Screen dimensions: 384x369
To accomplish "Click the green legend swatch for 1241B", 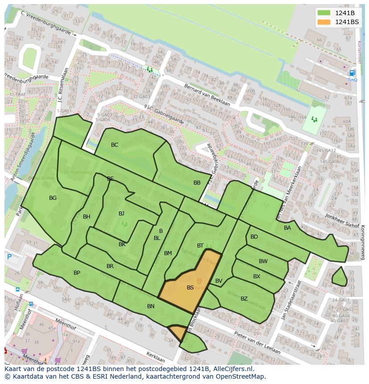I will tap(324, 13).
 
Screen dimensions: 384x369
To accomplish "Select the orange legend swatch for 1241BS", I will tap(324, 22).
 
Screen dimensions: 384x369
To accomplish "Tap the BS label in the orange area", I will tap(190, 288).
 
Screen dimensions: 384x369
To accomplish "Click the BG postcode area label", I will tap(53, 198).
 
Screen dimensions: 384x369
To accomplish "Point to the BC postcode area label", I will tap(115, 145).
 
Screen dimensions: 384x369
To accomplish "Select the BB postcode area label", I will tap(197, 183).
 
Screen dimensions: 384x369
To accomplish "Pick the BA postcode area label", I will tap(287, 228).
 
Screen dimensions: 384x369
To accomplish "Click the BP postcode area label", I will tap(77, 273).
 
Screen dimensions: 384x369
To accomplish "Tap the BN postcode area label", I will tap(151, 306).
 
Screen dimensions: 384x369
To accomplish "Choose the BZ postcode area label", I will tap(244, 298).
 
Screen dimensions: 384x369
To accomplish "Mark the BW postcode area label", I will tap(263, 261).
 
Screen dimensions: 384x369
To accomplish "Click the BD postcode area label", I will tap(254, 237).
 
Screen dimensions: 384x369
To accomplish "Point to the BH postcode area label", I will tap(86, 217).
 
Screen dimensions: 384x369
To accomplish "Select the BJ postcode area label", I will tap(121, 214).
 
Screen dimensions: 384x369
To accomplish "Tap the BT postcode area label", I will tap(200, 246).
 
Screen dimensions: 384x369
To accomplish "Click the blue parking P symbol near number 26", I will tap(9, 257).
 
